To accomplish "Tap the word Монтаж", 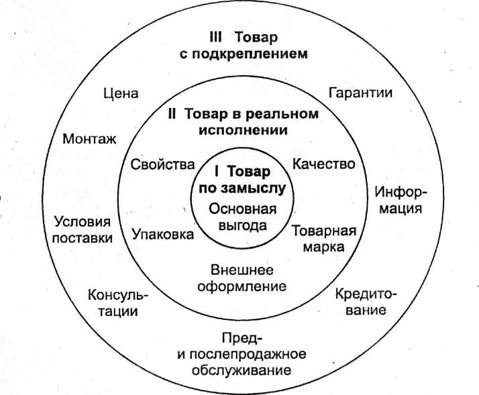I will (89, 139).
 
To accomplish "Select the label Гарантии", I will (360, 93).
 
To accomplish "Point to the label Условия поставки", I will (82, 229).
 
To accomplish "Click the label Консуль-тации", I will (117, 303).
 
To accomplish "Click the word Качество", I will (324, 164).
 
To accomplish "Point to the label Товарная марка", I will (323, 239).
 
